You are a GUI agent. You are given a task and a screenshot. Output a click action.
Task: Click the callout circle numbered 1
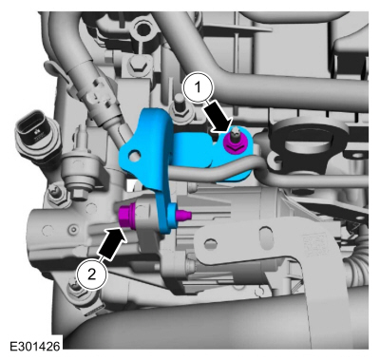coord(198,87)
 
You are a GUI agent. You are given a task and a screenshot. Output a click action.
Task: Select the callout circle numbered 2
coord(91,275)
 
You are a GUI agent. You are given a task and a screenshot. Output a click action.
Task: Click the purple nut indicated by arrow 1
coord(233,142)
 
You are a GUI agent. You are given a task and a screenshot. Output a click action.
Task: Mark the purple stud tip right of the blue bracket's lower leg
coord(183,215)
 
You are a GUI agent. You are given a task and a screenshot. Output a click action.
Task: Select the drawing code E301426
coord(35,346)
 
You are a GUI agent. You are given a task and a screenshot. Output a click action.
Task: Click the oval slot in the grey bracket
coord(265,237)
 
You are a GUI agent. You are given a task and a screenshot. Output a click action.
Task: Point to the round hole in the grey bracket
coord(209,244)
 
